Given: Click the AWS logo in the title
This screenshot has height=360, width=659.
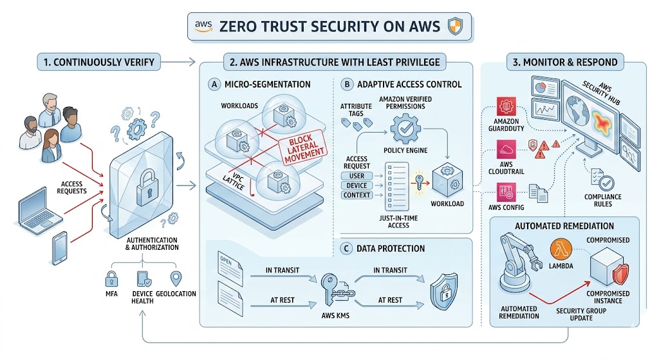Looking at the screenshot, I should click(x=203, y=26).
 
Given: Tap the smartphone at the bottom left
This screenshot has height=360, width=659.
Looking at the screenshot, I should click(x=60, y=249).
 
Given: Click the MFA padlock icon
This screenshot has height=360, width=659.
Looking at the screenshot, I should click(x=111, y=278).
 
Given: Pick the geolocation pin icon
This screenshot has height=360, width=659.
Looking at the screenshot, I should click(x=175, y=278).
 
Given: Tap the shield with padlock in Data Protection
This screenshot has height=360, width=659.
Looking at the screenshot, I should click(x=444, y=288).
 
